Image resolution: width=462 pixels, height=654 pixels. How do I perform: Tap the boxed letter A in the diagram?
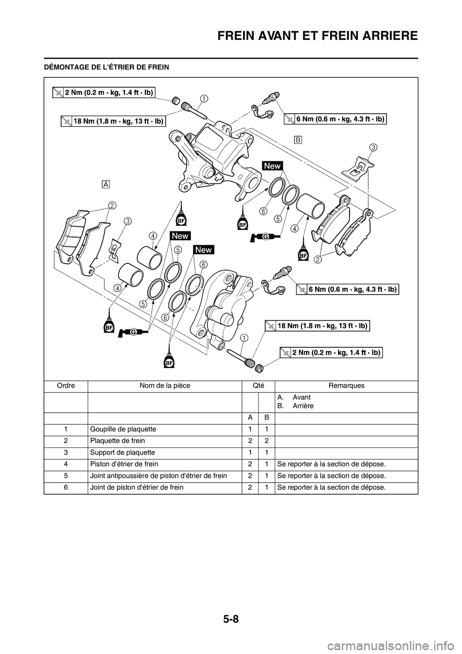[x=106, y=184]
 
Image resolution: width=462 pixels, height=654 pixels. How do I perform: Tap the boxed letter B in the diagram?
[x=297, y=140]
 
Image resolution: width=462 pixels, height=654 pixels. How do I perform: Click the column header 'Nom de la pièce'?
[x=165, y=386]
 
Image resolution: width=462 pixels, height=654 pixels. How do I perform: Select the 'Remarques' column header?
[x=346, y=386]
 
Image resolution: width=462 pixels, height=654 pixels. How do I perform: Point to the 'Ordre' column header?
[x=65, y=386]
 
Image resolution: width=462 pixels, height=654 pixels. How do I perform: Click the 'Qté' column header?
[x=258, y=386]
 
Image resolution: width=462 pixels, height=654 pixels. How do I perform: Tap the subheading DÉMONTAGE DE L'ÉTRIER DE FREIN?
[x=106, y=67]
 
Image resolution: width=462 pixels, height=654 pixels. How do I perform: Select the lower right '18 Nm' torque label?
[x=322, y=326]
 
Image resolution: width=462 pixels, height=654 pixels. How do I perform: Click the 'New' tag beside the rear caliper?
[x=272, y=166]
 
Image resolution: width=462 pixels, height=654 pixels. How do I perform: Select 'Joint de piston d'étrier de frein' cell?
[x=136, y=487]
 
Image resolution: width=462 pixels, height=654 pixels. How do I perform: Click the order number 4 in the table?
[x=65, y=464]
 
